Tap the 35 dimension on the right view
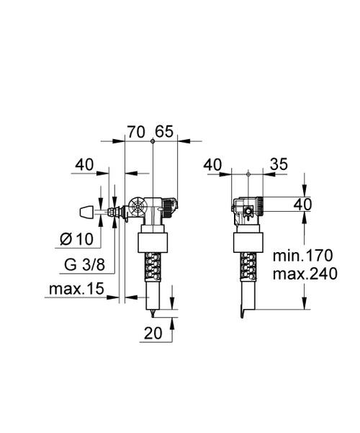coord(278,165)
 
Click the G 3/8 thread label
coord(81,264)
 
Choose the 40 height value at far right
coord(302,205)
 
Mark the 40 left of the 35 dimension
coord(213,165)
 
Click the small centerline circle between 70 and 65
coord(153,140)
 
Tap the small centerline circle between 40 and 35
coord(248,173)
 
